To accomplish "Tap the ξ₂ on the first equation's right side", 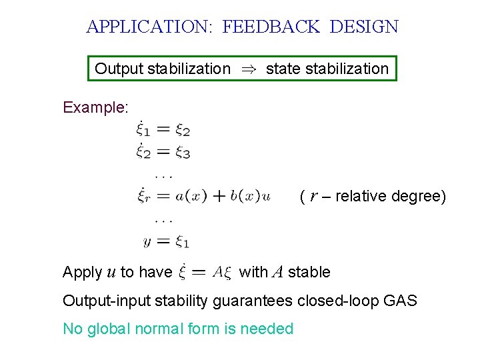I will click(x=183, y=130).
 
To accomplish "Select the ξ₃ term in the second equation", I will click(x=183, y=152).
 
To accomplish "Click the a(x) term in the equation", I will click(x=191, y=196).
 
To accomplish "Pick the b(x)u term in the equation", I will click(x=250, y=196).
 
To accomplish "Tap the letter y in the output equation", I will click(x=147, y=241).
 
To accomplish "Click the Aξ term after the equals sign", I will click(x=222, y=271).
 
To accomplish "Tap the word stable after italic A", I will click(x=309, y=272).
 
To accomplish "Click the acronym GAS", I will click(x=401, y=301).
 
